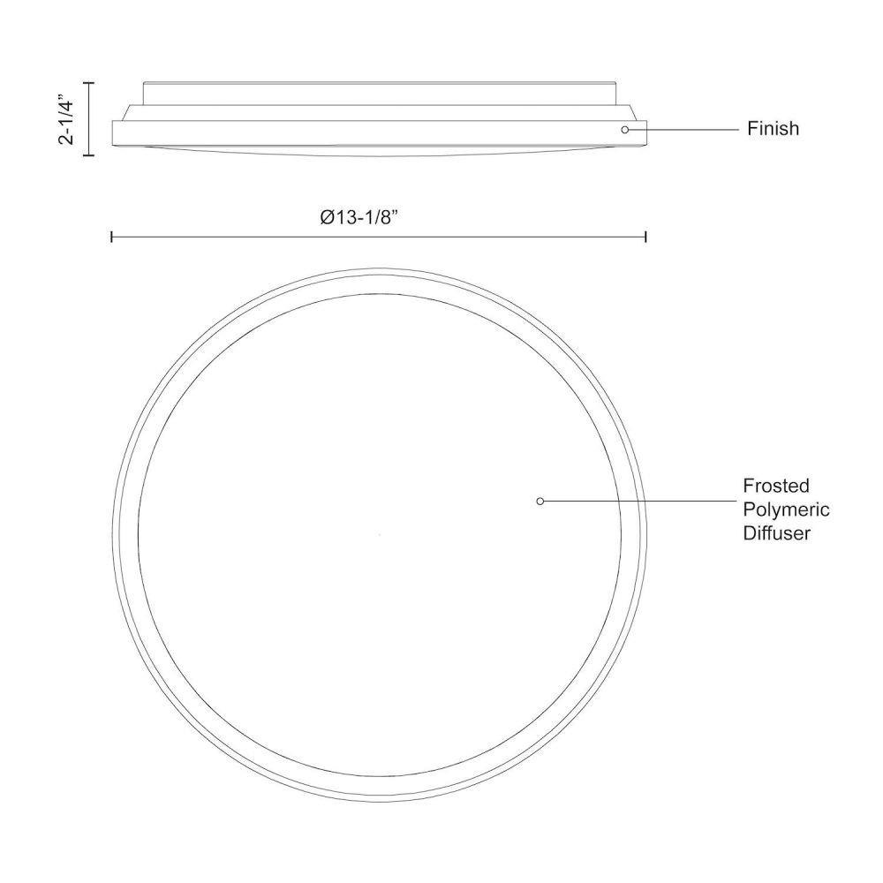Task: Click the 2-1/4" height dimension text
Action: coord(66,122)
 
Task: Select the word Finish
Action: coord(773,128)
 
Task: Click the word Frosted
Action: coord(775,486)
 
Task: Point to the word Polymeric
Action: coord(786,509)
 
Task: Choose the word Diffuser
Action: coord(776,532)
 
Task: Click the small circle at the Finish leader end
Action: coord(624,130)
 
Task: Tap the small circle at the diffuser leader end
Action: coord(540,502)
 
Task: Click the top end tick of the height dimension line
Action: coord(88,82)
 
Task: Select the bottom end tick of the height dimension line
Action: coord(88,155)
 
